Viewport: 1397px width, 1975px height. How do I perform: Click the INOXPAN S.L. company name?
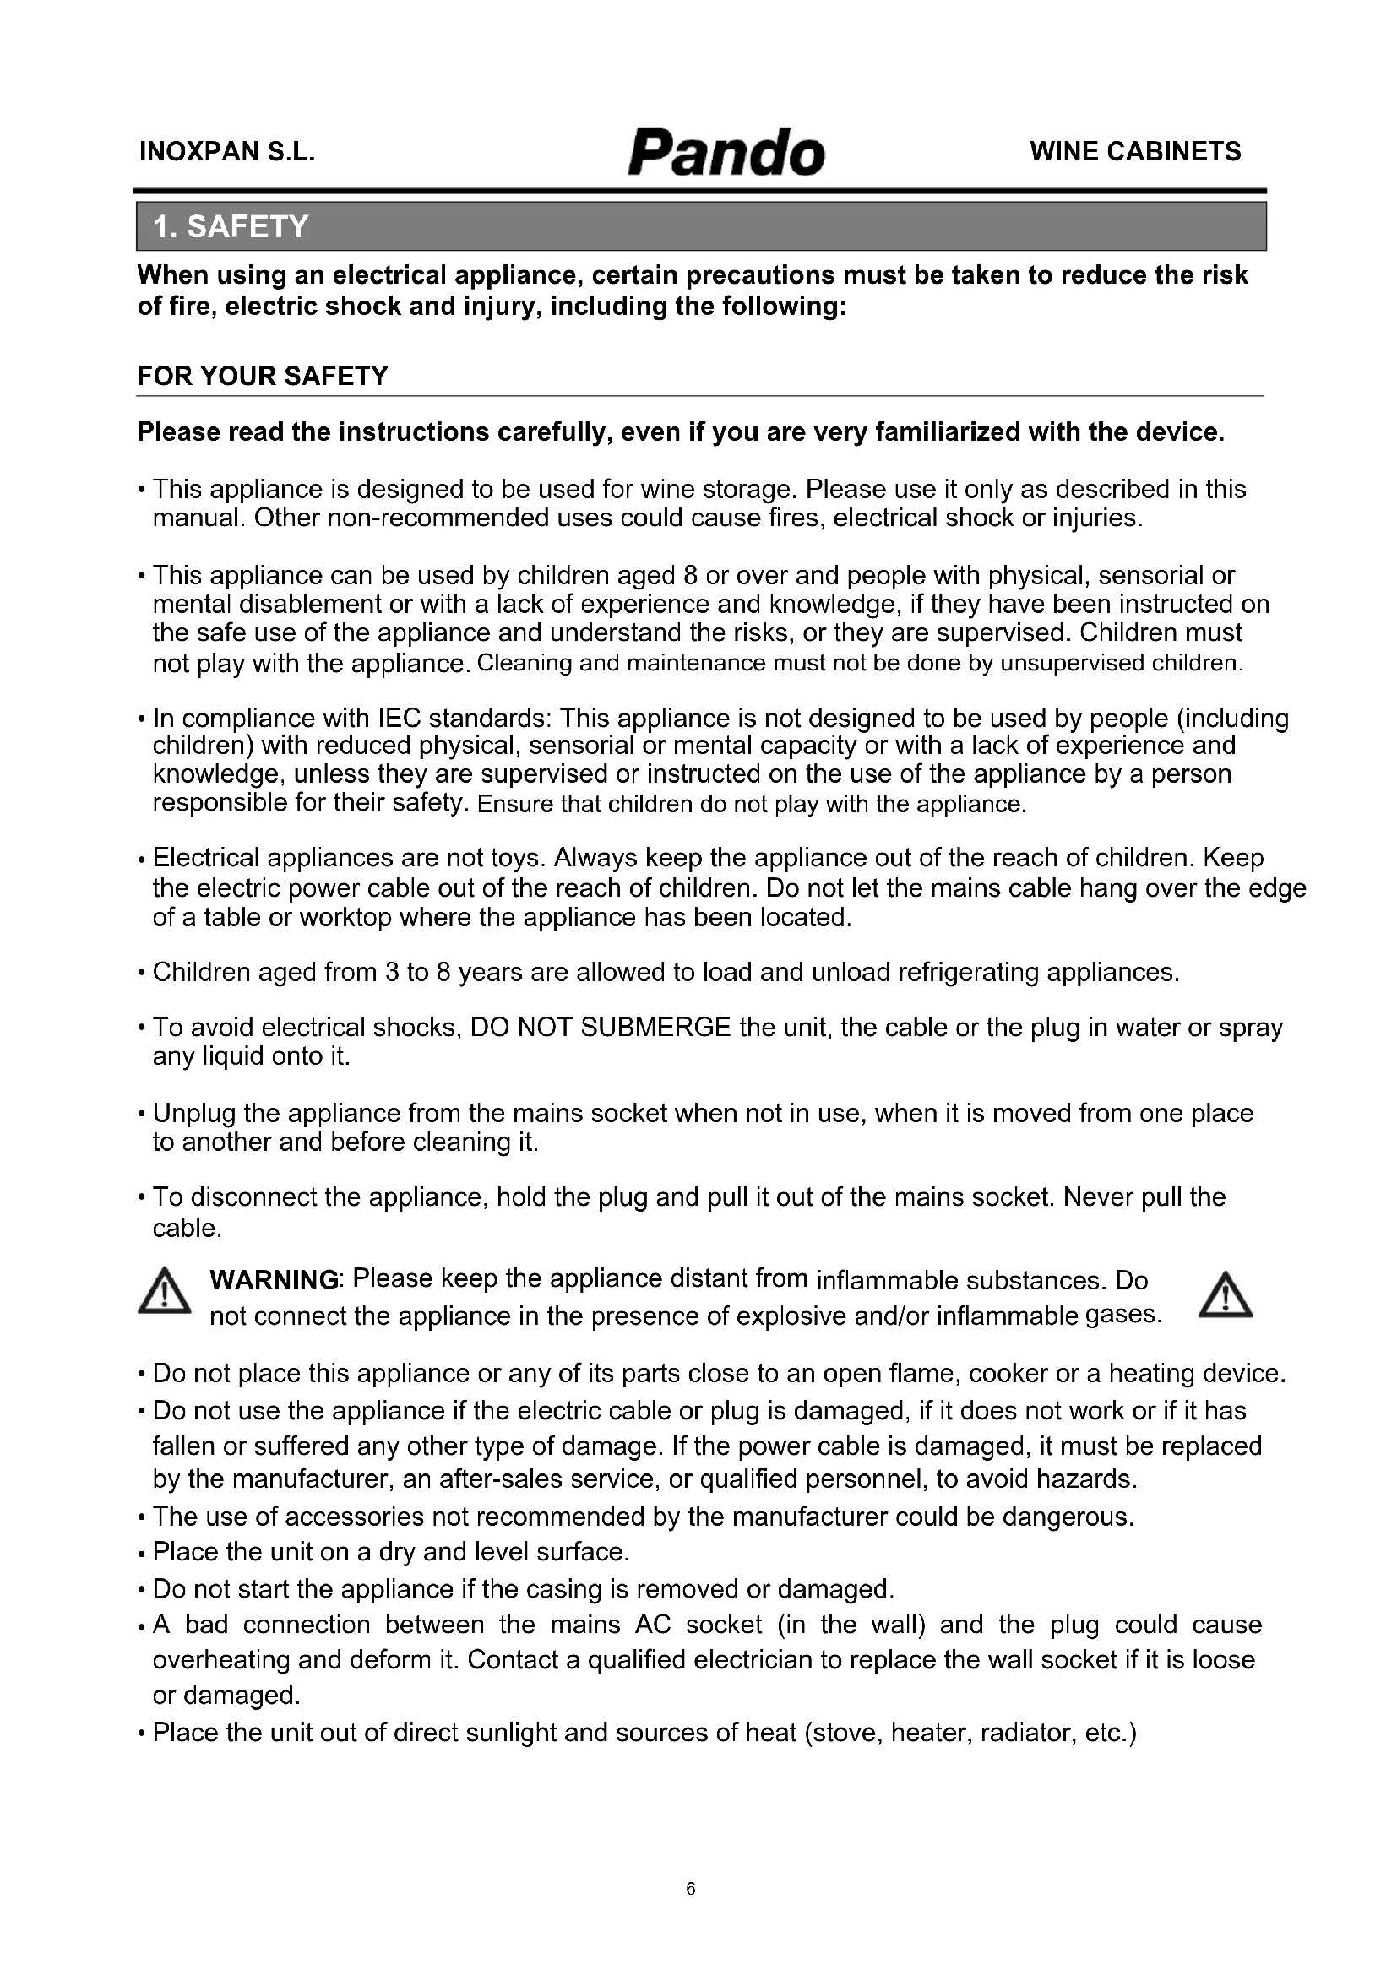point(227,152)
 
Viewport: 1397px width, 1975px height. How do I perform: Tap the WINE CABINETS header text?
point(1134,151)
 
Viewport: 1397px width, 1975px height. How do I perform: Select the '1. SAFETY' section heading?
point(231,226)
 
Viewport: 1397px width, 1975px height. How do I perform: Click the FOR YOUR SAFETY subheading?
point(264,376)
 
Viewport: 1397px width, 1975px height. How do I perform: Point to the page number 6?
point(691,1889)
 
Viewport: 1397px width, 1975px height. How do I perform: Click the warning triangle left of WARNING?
point(165,1294)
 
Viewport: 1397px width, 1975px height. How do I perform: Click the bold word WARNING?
point(275,1280)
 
